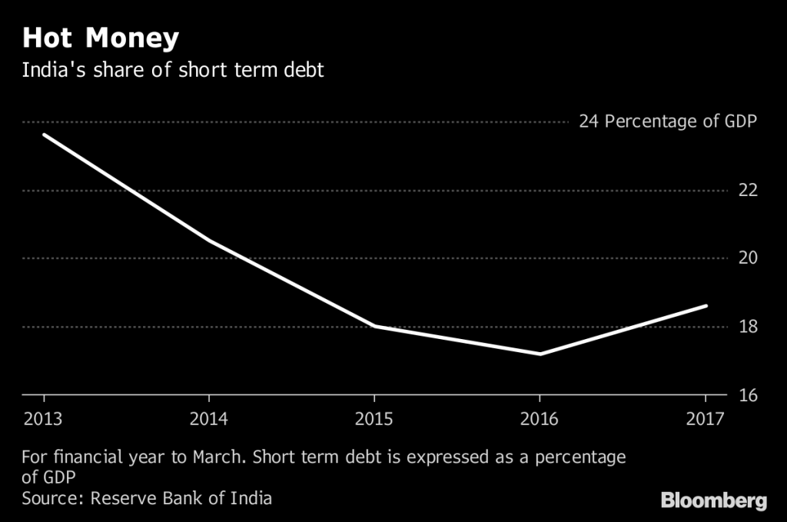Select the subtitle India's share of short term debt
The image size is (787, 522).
point(173,71)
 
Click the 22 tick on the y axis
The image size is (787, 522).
point(748,190)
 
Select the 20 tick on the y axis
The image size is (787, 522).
point(748,258)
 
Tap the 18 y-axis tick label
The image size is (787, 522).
point(748,327)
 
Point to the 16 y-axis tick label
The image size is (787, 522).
point(748,395)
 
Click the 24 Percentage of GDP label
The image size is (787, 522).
point(667,121)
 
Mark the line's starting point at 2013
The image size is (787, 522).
point(44,135)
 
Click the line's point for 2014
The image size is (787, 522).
point(209,241)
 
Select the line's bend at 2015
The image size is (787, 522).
point(374,326)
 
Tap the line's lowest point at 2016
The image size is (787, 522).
point(540,354)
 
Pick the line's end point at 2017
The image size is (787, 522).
point(705,306)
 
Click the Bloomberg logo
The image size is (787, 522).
point(714,501)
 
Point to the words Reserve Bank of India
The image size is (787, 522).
point(181,498)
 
